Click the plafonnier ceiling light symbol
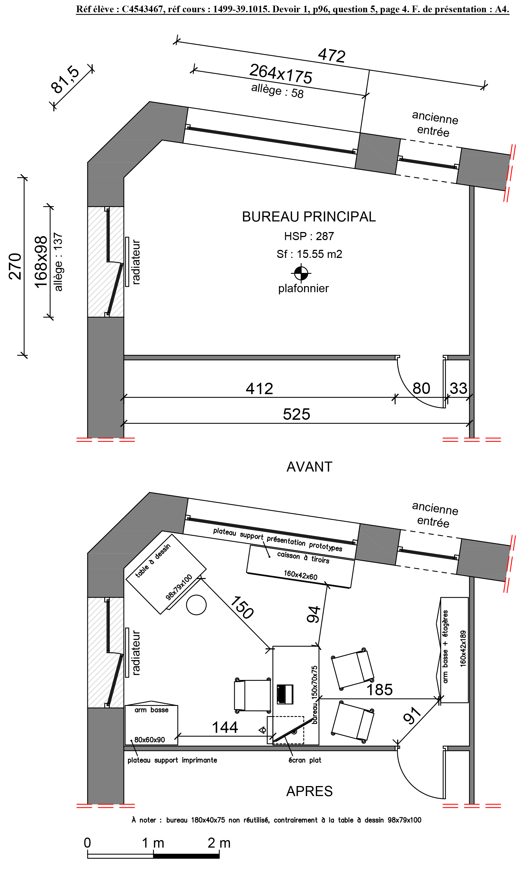pos(301,272)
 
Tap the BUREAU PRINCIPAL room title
pos(309,217)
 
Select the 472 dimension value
pos(331,55)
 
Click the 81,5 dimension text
pos(66,80)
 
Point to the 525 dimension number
pos(296,414)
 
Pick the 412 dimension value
pos(259,389)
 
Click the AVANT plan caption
pos(309,467)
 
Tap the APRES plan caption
pos(309,791)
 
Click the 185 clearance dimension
pos(379,689)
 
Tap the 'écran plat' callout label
pos(305,760)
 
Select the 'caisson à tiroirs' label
pos(303,557)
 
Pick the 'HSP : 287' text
pos(309,236)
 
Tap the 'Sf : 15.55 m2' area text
pos(309,254)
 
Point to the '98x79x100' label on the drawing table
pos(179,587)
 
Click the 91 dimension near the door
pos(412,716)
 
